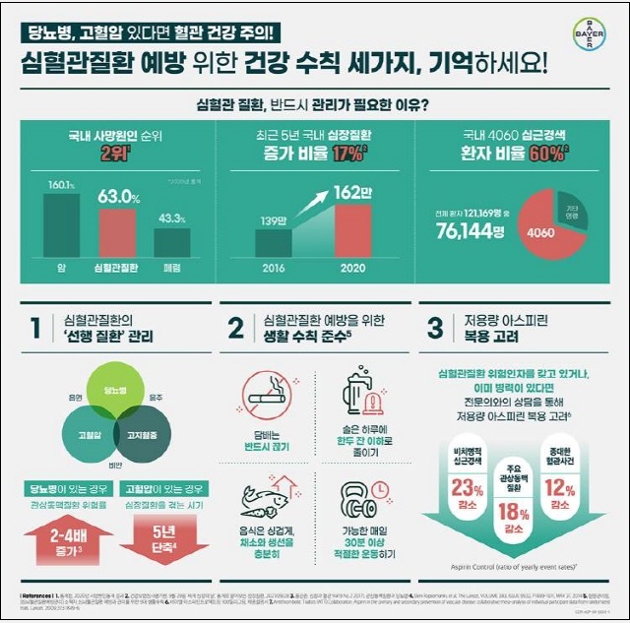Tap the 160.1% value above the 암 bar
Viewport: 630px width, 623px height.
tap(60, 184)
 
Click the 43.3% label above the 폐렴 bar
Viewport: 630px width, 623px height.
tap(171, 218)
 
